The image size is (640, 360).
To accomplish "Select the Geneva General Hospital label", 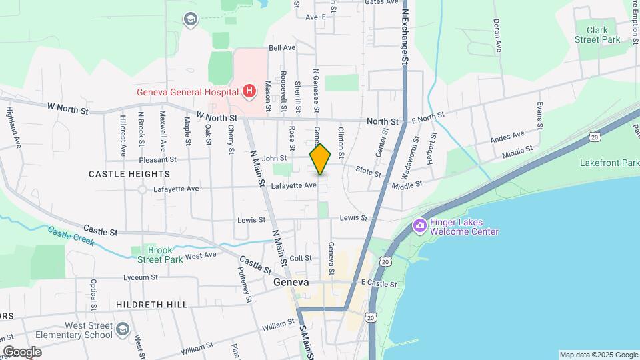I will pyautogui.click(x=188, y=92).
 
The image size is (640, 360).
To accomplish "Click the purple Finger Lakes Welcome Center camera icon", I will pyautogui.click(x=420, y=225).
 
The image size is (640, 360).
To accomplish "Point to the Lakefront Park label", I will pyautogui.click(x=609, y=162).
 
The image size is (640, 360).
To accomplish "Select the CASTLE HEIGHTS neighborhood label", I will pyautogui.click(x=129, y=173).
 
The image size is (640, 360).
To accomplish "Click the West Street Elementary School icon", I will pyautogui.click(x=122, y=329).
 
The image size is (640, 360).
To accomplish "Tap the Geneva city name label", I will pyautogui.click(x=291, y=282).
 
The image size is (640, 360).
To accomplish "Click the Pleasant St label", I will pyautogui.click(x=158, y=160).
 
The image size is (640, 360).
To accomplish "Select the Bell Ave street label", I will pyautogui.click(x=281, y=48).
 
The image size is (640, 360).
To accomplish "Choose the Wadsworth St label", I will pyautogui.click(x=415, y=149).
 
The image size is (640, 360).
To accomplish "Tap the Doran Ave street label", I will pyautogui.click(x=497, y=35).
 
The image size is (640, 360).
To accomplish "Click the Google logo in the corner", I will pyautogui.click(x=22, y=352).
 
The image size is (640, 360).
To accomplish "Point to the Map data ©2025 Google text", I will pyautogui.click(x=599, y=355).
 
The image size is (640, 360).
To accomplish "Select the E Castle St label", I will pyautogui.click(x=379, y=285).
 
